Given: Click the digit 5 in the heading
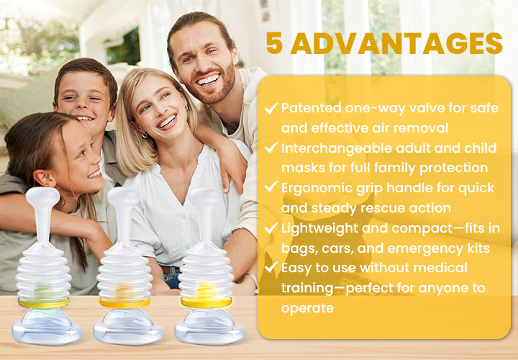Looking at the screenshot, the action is click(274, 43).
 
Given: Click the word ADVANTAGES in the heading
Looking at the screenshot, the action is click(396, 43).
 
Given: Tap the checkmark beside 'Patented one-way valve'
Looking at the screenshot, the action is click(271, 108).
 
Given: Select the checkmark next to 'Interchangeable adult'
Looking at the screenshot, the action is click(271, 148).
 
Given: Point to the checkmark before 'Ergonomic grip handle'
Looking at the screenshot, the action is click(271, 186).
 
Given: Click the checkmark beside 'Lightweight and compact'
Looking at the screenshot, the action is click(271, 228).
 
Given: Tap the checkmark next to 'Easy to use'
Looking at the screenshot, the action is click(271, 267).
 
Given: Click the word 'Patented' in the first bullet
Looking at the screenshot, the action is click(312, 108).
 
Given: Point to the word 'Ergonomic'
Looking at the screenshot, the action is click(317, 189).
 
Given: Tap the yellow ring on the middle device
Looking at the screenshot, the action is click(124, 303).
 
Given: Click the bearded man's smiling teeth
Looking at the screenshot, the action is click(208, 80).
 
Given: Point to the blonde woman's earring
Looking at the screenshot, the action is click(145, 135).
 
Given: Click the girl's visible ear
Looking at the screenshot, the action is click(45, 178).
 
